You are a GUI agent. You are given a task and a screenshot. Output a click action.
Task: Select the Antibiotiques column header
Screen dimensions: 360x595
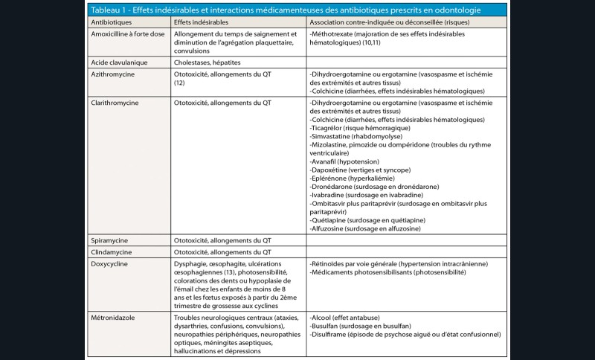tap(110, 24)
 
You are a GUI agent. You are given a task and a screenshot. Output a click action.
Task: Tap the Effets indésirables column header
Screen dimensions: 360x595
tap(202, 24)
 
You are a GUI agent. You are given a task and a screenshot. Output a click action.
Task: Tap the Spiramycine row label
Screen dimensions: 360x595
tap(111, 240)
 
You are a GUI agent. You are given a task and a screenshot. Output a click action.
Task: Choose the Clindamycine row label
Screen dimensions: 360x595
tap(113, 253)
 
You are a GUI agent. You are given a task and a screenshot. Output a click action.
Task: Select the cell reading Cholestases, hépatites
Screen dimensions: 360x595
tap(212, 63)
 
